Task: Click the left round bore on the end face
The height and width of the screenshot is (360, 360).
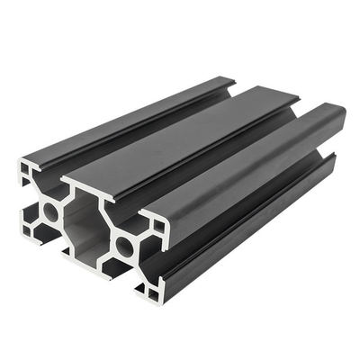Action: [49, 211]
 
